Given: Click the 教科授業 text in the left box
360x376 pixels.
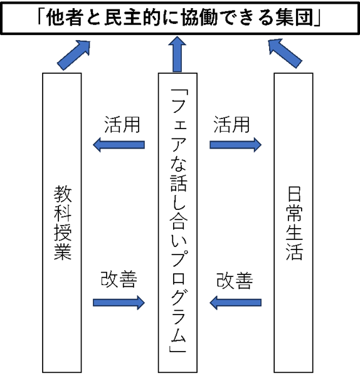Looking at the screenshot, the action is click(x=62, y=223).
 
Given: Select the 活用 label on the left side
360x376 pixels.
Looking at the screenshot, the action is click(x=122, y=125).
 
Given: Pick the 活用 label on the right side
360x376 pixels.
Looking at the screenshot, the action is click(x=231, y=125).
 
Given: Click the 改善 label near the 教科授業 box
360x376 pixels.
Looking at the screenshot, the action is click(x=119, y=279).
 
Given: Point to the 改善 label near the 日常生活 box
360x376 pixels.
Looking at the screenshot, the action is click(x=235, y=281).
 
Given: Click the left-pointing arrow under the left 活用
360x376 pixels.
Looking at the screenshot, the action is click(x=119, y=145).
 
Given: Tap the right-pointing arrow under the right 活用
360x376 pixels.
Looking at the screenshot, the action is click(x=235, y=145).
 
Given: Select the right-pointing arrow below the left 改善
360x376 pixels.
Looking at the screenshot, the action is click(x=119, y=303).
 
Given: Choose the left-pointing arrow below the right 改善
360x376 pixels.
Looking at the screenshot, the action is click(x=235, y=303).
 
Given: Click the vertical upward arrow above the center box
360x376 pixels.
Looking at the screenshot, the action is click(x=177, y=54).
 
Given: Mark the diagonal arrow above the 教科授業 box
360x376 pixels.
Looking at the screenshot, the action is click(x=73, y=55).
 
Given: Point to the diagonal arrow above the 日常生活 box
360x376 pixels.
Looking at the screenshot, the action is click(x=285, y=54).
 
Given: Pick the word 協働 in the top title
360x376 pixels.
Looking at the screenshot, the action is click(x=199, y=18).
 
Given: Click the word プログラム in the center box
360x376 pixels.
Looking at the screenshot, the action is click(x=178, y=297).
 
